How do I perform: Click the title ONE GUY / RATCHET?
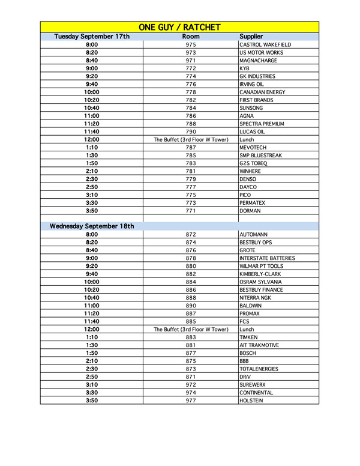pos(179,27)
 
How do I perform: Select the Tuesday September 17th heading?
pos(92,37)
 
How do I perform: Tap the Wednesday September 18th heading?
pos(92,226)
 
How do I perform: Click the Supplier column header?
pos(251,37)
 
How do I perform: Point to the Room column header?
pos(191,37)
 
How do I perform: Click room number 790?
pos(191,132)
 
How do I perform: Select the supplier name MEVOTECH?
pos(253,147)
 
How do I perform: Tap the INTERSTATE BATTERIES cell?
pos(267,258)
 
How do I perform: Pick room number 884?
pos(191,282)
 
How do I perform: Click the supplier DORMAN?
pos(251,211)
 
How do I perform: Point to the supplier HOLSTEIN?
pos(252,401)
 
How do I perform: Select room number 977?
pos(191,401)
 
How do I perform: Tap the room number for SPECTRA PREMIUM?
pos(191,124)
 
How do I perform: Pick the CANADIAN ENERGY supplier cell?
pos(262,92)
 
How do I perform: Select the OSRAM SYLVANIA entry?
pos(261,282)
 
